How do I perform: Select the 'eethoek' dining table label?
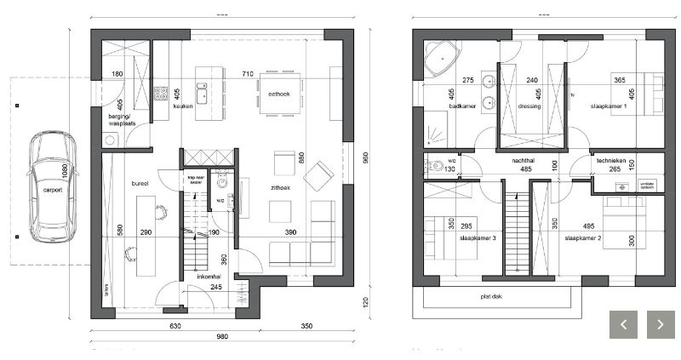pos(278,94)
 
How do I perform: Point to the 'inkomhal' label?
pos(209,276)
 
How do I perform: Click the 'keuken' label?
pos(183,106)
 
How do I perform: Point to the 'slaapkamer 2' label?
pos(582,238)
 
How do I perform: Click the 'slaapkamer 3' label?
pos(478,238)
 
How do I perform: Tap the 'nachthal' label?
pos(523,159)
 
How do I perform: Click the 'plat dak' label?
pos(490,297)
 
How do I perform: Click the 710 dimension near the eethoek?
pos(248,74)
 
